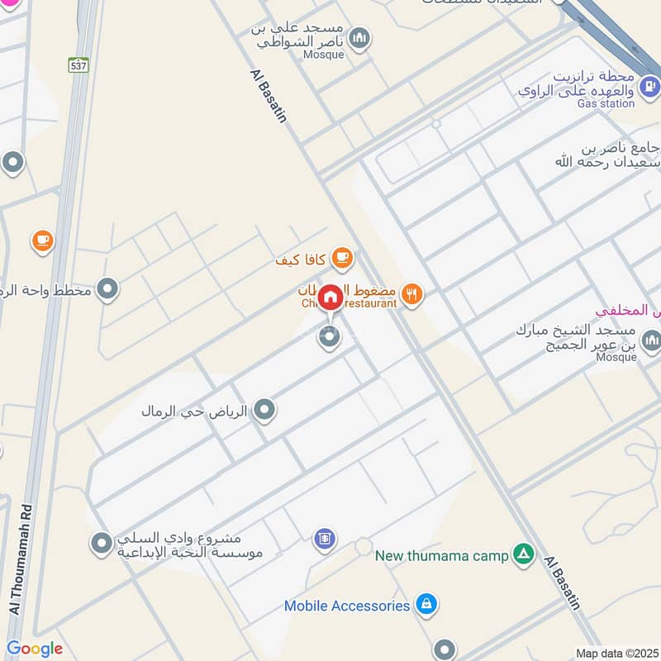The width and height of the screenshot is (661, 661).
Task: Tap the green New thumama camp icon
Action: (522, 554)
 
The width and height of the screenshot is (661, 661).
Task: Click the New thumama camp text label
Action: (441, 556)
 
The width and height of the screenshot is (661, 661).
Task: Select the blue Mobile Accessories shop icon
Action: (426, 606)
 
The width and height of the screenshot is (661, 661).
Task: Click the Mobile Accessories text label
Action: (347, 606)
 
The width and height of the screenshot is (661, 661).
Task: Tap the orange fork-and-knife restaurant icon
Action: (412, 292)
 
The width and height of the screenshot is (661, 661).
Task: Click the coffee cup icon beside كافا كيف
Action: (341, 259)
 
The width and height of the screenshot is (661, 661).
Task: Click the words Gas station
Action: (606, 103)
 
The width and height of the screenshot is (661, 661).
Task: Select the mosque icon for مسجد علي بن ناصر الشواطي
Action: (359, 37)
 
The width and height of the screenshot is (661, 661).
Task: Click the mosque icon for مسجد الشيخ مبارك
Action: (651, 340)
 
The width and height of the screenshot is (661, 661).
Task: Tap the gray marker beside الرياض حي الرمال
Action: (264, 410)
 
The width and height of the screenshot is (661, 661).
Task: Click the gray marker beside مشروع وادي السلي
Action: (101, 544)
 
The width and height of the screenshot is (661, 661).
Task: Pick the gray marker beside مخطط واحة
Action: (107, 289)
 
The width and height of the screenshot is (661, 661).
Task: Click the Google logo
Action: (35, 649)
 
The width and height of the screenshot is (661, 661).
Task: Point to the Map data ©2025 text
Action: (616, 654)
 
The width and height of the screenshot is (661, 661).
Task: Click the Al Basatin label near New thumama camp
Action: (563, 583)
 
